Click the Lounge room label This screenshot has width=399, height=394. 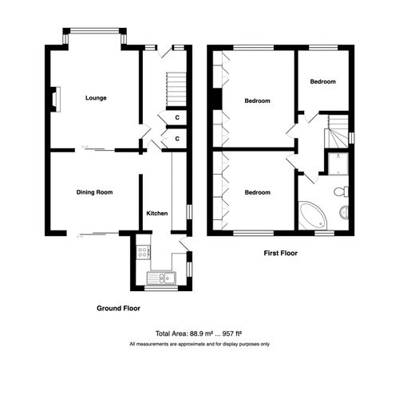click(x=96, y=98)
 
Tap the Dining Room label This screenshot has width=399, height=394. click(x=94, y=192)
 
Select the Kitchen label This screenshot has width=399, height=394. click(x=156, y=214)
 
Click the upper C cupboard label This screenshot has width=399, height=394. click(x=176, y=118)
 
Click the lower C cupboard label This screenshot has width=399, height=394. click(x=176, y=139)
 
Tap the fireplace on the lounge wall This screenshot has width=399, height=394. click(x=53, y=97)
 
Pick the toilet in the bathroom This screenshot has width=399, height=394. click(x=341, y=191)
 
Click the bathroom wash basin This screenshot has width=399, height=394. click(x=345, y=212)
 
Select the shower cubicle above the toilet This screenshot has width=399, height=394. click(x=338, y=162)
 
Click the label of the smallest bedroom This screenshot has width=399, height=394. click(x=323, y=81)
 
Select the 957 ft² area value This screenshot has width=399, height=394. click(x=231, y=333)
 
